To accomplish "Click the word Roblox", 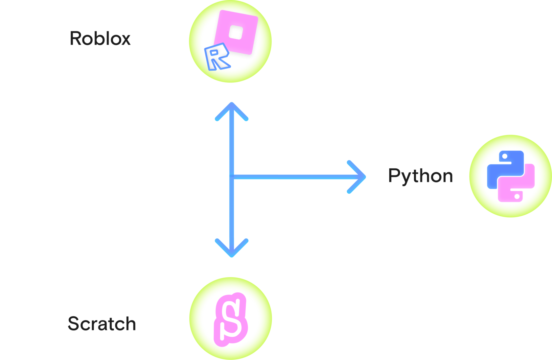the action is coord(100,38).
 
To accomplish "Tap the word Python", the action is coord(421,176).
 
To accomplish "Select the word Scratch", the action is coord(102,324).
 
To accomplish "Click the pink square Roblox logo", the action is coord(236,32).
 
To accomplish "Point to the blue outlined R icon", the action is coord(217,57).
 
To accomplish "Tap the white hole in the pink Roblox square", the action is coord(236,32).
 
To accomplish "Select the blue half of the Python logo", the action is coord(505,170).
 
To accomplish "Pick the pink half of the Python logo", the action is coord(516,183).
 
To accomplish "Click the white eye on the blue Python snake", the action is coord(505,156).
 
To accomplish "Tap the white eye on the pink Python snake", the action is coord(517,197).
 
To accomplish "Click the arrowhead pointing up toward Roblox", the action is coord(232,111).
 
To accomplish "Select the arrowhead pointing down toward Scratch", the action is coord(232,248).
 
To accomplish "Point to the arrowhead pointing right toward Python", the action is coord(356,177).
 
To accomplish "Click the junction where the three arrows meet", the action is coord(232,177).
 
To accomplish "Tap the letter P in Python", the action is coord(394,175).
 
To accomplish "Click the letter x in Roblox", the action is coord(125,40).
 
